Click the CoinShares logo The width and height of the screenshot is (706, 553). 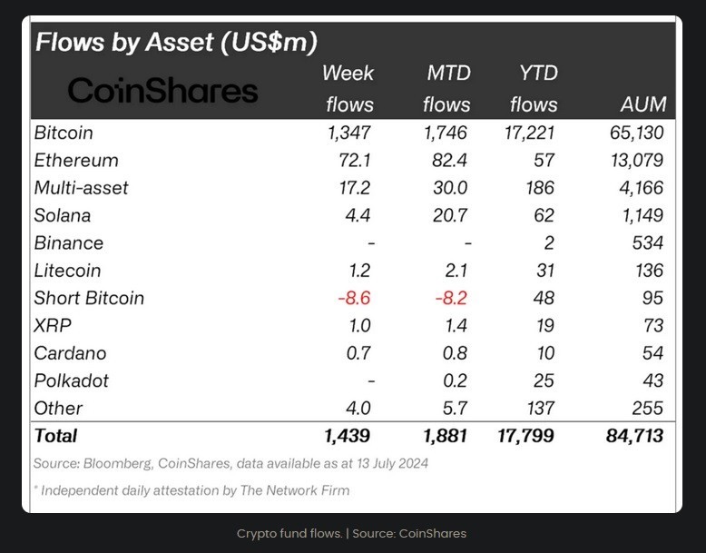click(x=162, y=90)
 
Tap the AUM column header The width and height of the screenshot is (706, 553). click(x=643, y=104)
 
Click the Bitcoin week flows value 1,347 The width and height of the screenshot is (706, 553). click(x=350, y=133)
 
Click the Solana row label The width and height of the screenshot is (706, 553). click(x=63, y=216)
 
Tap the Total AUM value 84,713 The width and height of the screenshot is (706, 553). click(x=633, y=436)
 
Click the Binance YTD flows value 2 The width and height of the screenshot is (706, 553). click(x=552, y=243)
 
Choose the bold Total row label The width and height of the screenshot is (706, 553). click(x=56, y=436)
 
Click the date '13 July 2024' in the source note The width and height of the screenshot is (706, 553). click(x=387, y=463)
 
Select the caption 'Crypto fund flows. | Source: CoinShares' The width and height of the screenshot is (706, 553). click(x=351, y=533)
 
